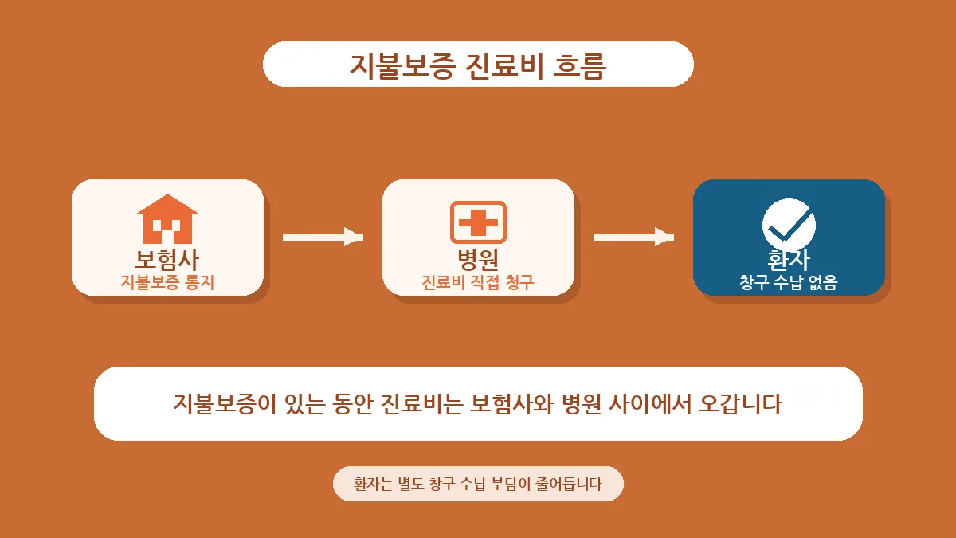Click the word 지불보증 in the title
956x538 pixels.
[x=402, y=65]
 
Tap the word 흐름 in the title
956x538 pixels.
[x=580, y=65]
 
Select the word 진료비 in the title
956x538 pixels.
[x=504, y=65]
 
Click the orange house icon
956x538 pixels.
[x=167, y=219]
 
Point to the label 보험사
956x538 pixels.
[x=167, y=260]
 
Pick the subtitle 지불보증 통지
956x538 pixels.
[x=167, y=282]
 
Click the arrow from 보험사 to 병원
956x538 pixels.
[x=323, y=238]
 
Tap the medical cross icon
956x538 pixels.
[x=478, y=222]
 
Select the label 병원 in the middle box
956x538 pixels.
[x=478, y=259]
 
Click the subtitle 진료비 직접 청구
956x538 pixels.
[x=478, y=282]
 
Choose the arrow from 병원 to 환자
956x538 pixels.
[x=634, y=238]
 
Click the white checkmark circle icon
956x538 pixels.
[x=789, y=225]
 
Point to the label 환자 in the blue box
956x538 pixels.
[x=789, y=260]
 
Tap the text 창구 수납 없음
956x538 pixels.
[x=789, y=282]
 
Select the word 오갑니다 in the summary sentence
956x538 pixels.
[x=740, y=403]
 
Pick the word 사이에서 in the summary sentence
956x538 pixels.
[x=649, y=403]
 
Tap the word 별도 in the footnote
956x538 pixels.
[x=410, y=484]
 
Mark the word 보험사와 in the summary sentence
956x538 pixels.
[x=511, y=403]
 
